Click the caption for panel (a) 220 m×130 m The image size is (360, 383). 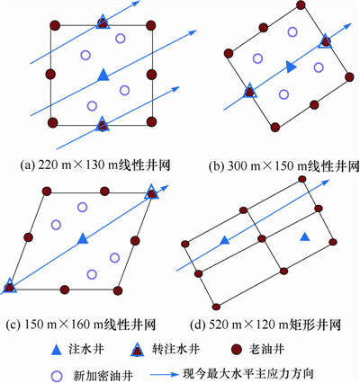click(x=95, y=165)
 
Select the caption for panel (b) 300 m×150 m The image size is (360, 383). click(x=283, y=166)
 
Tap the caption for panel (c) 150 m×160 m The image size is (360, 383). click(x=81, y=324)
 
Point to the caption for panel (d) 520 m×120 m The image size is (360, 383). click(x=265, y=325)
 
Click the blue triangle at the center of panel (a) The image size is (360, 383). click(x=103, y=75)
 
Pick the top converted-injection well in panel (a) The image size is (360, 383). click(x=103, y=22)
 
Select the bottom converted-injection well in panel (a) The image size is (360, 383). click(x=103, y=124)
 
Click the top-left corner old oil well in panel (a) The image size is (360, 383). click(x=55, y=25)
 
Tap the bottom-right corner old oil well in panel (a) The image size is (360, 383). click(x=151, y=121)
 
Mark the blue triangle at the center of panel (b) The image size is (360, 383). click(x=290, y=67)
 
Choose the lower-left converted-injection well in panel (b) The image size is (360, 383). click(x=250, y=91)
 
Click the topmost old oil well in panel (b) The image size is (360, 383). click(x=301, y=5)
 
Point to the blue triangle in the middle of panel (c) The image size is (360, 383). click(x=83, y=238)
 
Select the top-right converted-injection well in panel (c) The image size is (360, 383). click(x=151, y=192)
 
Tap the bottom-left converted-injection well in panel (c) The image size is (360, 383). click(x=10, y=286)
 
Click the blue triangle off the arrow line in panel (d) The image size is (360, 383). click(x=305, y=236)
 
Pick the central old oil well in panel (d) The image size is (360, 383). click(x=262, y=238)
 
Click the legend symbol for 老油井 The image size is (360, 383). click(x=238, y=349)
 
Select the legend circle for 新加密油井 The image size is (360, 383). click(x=57, y=376)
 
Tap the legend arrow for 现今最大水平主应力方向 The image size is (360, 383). click(x=165, y=375)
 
